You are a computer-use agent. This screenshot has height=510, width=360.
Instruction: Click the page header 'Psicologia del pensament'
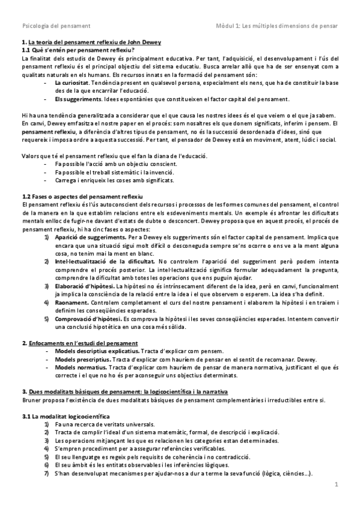[x=56, y=26]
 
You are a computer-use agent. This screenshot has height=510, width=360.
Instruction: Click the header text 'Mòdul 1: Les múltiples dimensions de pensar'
[x=277, y=26]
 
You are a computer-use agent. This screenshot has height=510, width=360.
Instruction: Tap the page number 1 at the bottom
[x=337, y=484]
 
